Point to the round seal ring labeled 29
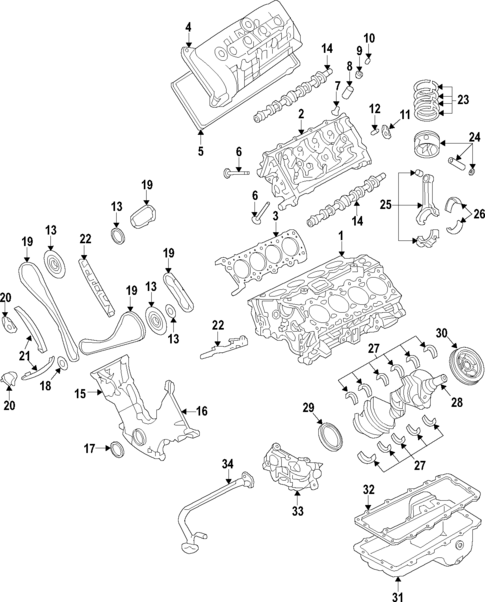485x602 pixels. pyautogui.click(x=328, y=437)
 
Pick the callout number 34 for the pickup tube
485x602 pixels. pyautogui.click(x=227, y=463)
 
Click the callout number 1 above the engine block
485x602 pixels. pyautogui.click(x=340, y=236)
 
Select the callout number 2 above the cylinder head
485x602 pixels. pyautogui.click(x=300, y=115)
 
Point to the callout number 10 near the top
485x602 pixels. pyautogui.click(x=368, y=39)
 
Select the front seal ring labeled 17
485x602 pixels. pyautogui.click(x=118, y=447)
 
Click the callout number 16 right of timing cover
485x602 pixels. pyautogui.click(x=200, y=411)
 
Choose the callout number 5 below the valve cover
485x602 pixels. pyautogui.click(x=199, y=151)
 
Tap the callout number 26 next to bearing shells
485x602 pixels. pyautogui.click(x=478, y=213)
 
